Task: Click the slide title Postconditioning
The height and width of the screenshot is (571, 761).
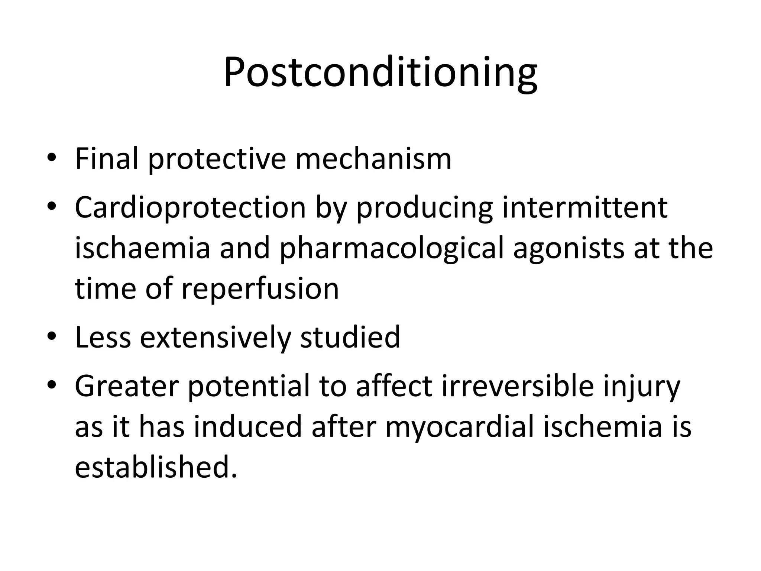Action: pyautogui.click(x=380, y=73)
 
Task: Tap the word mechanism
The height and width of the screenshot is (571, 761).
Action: pyautogui.click(x=373, y=159)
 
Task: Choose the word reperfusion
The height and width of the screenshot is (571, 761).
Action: pyautogui.click(x=260, y=289)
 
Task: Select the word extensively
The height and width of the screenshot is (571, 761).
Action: pyautogui.click(x=216, y=337)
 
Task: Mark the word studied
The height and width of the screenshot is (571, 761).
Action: pyautogui.click(x=350, y=337)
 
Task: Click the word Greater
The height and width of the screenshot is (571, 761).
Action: pyautogui.click(x=127, y=386)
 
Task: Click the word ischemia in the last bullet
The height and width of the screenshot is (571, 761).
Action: pyautogui.click(x=603, y=426)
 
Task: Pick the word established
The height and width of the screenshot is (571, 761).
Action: pyautogui.click(x=156, y=467)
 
